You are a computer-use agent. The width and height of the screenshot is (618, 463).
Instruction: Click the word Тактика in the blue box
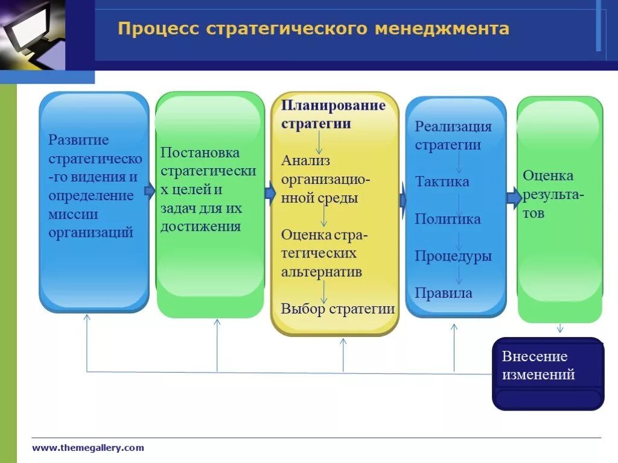tap(442, 181)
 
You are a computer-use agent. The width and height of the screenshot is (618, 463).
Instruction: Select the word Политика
tap(447, 219)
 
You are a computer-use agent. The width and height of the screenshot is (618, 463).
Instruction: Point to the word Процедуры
tap(453, 256)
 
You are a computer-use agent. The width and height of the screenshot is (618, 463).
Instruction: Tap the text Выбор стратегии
tap(338, 309)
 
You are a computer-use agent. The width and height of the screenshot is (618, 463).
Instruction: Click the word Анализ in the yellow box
tap(306, 160)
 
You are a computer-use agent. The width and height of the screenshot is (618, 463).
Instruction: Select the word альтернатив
tap(322, 271)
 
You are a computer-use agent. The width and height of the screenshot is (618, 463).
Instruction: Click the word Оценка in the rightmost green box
tap(548, 176)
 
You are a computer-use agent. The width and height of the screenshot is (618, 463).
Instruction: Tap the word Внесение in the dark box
tap(535, 356)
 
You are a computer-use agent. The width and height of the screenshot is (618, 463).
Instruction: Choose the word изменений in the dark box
tap(538, 375)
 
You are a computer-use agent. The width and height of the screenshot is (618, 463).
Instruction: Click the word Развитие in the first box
tap(79, 140)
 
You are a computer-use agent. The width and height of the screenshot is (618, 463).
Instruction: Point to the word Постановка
tap(200, 153)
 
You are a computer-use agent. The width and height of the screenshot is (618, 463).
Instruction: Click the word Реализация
tap(453, 127)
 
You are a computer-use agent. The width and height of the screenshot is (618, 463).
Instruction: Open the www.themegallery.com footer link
tap(88, 447)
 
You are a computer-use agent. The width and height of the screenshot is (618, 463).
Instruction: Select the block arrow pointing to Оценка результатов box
tap(514, 198)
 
